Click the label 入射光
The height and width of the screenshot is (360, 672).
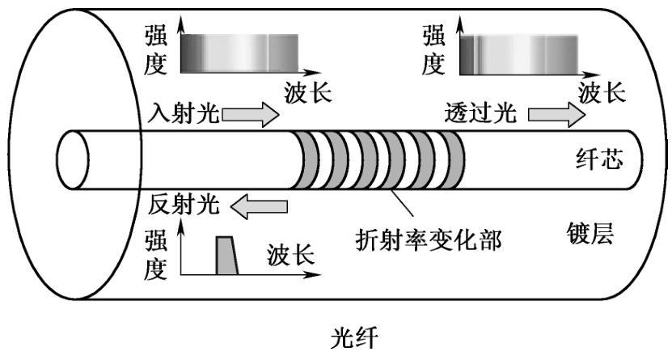pyautogui.click(x=184, y=114)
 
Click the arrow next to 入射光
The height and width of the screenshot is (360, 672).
pyautogui.click(x=250, y=115)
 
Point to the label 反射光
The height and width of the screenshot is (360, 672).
pyautogui.click(x=184, y=205)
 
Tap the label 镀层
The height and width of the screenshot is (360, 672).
pyautogui.click(x=590, y=235)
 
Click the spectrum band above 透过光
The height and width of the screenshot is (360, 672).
pyautogui.click(x=518, y=53)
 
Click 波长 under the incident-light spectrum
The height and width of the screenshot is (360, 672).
pyautogui.click(x=308, y=91)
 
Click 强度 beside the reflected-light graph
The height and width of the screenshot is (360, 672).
pyautogui.click(x=155, y=254)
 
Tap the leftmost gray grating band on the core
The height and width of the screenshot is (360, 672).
pyautogui.click(x=308, y=160)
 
